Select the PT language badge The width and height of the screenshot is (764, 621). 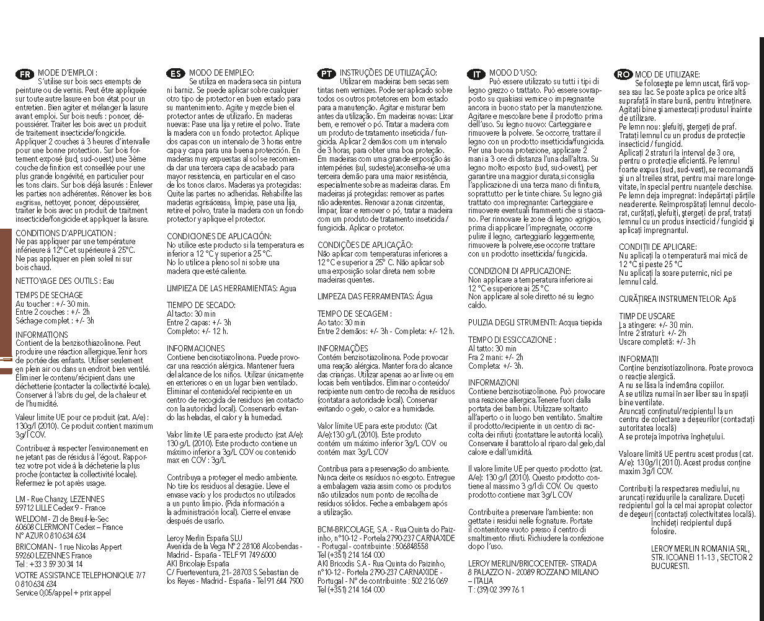pyautogui.click(x=327, y=74)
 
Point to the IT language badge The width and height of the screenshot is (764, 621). pyautogui.click(x=476, y=74)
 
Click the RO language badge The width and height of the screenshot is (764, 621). pyautogui.click(x=623, y=74)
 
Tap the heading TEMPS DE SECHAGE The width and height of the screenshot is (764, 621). pyautogui.click(x=49, y=296)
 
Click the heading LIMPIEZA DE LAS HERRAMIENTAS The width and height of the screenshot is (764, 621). pyautogui.click(x=223, y=288)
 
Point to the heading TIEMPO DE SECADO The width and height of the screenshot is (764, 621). pyautogui.click(x=201, y=305)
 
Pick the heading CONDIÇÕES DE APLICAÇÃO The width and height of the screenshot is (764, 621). pyautogui.click(x=365, y=245)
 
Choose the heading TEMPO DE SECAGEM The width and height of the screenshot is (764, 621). pyautogui.click(x=354, y=314)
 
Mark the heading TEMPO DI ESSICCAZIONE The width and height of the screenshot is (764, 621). pyautogui.click(x=512, y=340)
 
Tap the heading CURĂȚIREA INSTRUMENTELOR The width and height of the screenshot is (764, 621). pyautogui.click(x=670, y=299)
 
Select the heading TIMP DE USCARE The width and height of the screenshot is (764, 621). pyautogui.click(x=646, y=316)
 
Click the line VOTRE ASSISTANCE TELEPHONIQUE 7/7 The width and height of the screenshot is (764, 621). pyautogui.click(x=81, y=575)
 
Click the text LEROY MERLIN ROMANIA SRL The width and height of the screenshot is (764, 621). pyautogui.click(x=700, y=548)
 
